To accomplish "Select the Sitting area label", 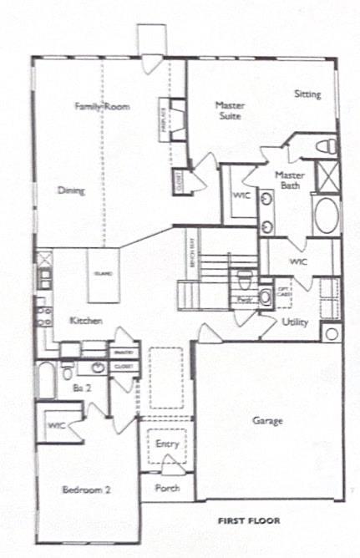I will click(x=307, y=94).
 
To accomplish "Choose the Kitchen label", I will click(x=86, y=320).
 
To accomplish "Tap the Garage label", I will click(x=268, y=420).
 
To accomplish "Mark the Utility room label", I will click(x=296, y=322).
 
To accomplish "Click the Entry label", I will click(x=167, y=444).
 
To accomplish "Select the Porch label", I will click(x=167, y=488).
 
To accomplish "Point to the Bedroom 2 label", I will click(x=86, y=490).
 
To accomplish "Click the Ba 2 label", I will click(x=81, y=388).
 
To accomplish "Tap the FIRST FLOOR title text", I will click(x=249, y=521).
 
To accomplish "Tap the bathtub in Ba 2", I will click(x=46, y=381).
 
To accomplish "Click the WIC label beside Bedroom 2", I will click(x=56, y=425).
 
